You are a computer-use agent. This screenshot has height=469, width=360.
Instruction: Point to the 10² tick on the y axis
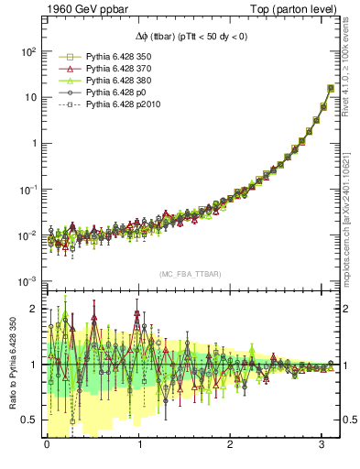tap(28, 51)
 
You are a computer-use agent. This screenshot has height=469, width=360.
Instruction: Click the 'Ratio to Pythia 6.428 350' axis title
tap(10, 366)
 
